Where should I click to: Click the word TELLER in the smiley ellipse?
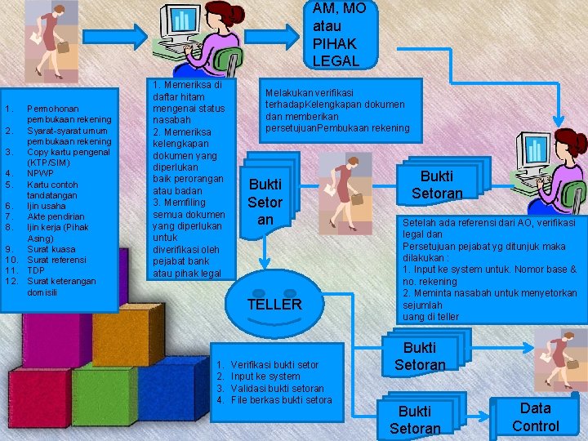click(274, 305)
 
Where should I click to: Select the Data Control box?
click(535, 416)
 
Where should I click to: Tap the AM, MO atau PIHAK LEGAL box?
click(340, 33)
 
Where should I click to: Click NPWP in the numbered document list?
click(40, 173)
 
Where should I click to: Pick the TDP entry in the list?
click(36, 270)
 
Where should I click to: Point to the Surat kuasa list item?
click(50, 249)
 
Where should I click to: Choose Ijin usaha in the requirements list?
click(47, 206)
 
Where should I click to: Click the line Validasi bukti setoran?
click(277, 388)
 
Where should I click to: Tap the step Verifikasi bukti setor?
click(274, 364)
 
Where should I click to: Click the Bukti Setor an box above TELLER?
click(265, 202)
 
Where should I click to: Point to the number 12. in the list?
click(11, 281)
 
